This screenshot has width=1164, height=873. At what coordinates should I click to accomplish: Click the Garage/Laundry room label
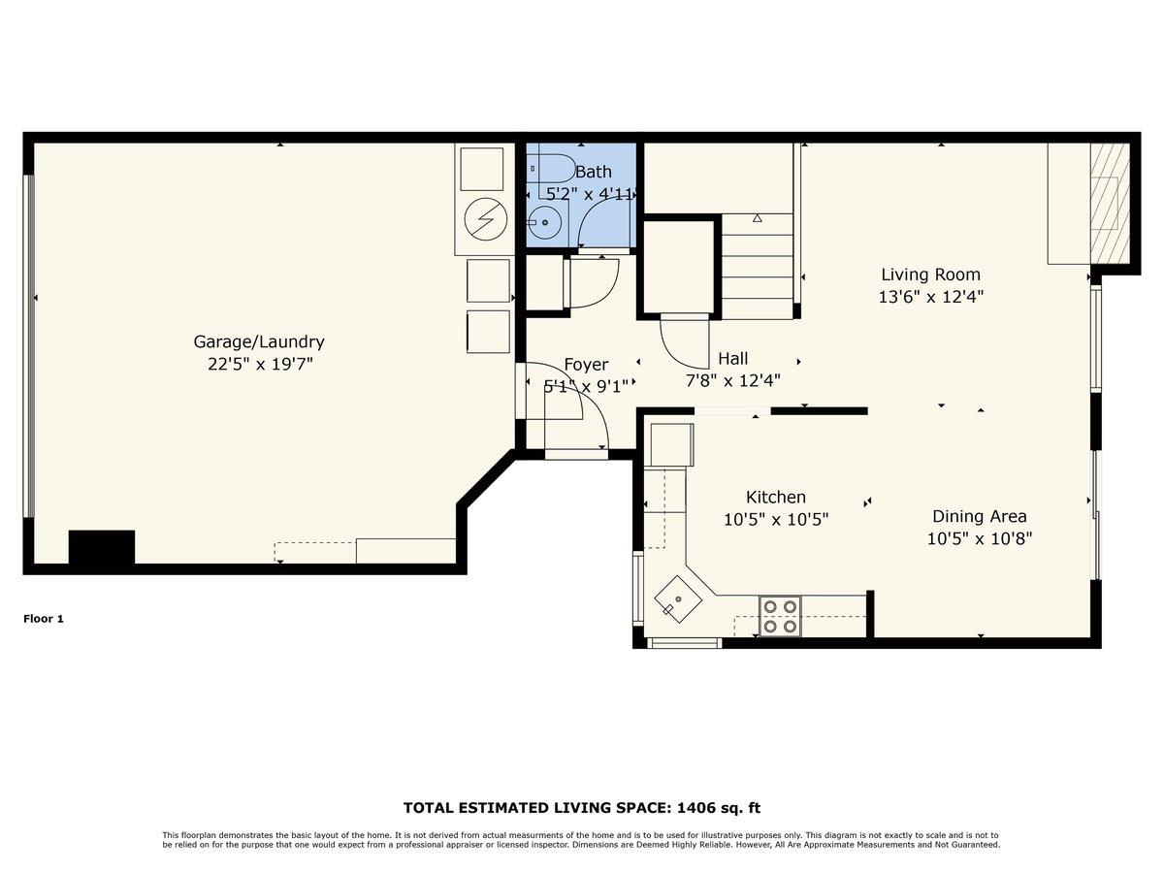[x=259, y=341]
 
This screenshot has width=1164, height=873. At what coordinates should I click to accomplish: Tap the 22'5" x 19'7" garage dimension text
[x=259, y=365]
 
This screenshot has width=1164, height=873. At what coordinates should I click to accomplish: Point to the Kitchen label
[x=775, y=497]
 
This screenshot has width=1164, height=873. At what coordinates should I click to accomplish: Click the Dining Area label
[x=979, y=516]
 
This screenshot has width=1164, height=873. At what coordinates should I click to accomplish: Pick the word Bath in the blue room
[x=593, y=172]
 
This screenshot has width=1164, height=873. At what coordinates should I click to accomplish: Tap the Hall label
[x=732, y=358]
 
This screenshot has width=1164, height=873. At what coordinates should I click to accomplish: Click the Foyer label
[x=586, y=365]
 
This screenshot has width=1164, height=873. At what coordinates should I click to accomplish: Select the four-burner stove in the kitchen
[x=780, y=616]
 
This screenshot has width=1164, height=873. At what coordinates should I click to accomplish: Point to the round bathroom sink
[x=545, y=223]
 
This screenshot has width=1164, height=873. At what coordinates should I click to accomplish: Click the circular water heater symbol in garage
[x=484, y=219]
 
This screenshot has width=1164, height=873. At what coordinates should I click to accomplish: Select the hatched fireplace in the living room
[x=1110, y=203]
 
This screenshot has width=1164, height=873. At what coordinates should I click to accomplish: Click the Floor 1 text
[x=44, y=618]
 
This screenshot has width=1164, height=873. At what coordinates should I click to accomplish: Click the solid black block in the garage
[x=101, y=547]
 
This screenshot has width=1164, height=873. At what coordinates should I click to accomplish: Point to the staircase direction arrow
[x=758, y=218]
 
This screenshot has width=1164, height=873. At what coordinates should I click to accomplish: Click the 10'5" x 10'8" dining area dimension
[x=979, y=539]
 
